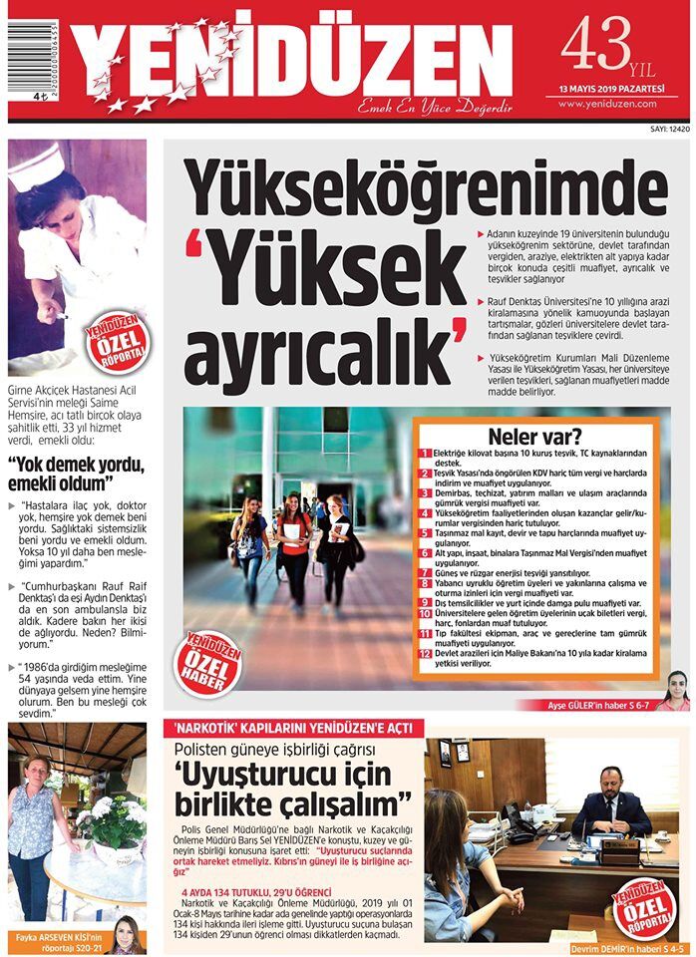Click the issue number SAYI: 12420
point(669,129)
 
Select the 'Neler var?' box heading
point(534,436)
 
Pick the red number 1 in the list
point(424,454)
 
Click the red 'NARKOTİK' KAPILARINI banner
point(292,728)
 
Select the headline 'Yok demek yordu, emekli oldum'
point(77,474)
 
